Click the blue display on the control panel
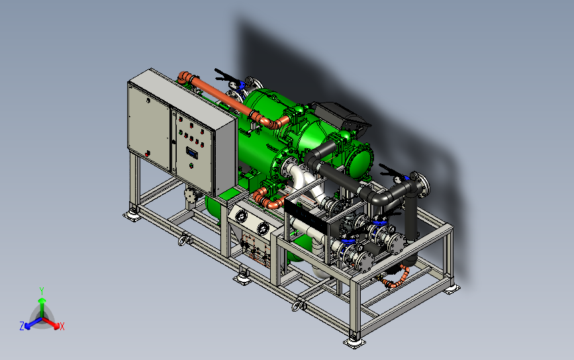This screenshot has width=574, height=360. [192, 153]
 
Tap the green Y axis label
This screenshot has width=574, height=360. [42, 291]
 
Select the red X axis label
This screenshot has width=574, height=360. [62, 326]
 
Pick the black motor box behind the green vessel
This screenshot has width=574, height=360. [340, 114]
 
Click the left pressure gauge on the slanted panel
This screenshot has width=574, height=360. [241, 216]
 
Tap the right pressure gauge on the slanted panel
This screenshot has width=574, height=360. [263, 228]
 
